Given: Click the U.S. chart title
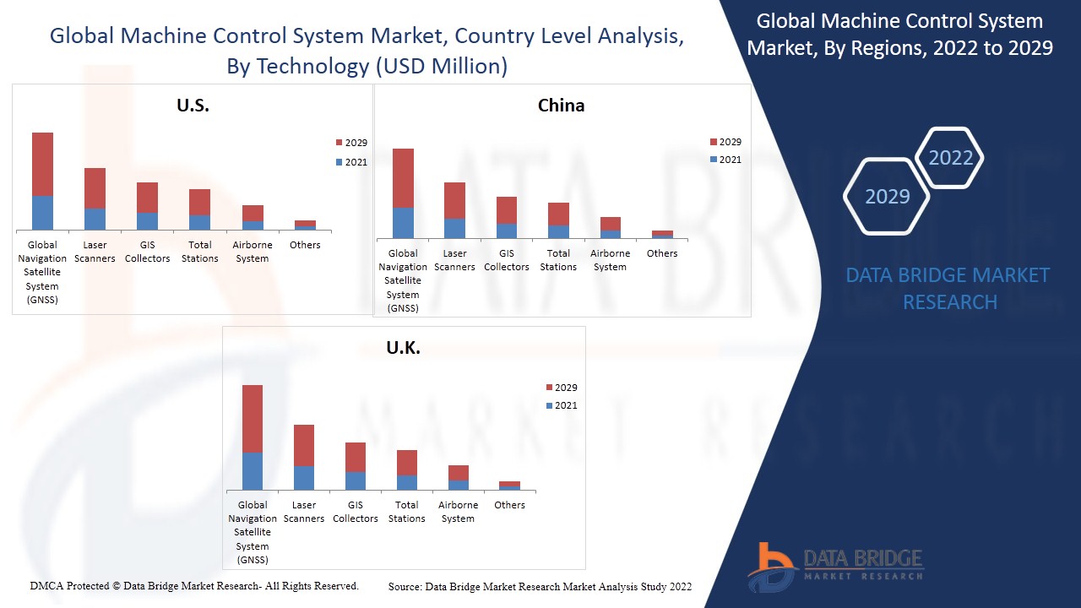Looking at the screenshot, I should point(193,106).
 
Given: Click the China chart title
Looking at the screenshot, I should point(561,106).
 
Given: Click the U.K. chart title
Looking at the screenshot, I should point(403,348).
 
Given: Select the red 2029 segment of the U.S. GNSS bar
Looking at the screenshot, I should point(42,164).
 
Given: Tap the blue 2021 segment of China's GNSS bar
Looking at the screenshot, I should point(403,223).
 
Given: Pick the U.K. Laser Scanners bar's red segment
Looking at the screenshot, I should point(304,445).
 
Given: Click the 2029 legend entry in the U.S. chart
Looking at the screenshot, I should point(350,143).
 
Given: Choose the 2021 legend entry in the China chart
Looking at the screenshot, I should point(725,160).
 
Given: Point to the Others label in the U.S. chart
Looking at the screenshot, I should point(305,245).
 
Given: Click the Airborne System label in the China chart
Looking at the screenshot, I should point(610,260).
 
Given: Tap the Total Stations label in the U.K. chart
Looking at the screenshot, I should point(406,512).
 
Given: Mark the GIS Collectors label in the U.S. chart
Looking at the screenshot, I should point(147,252).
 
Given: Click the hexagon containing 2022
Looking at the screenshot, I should point(950,158).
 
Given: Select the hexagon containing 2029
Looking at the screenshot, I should point(887,197).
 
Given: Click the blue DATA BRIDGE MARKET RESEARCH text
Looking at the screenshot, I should point(949,288).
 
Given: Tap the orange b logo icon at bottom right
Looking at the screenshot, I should point(771,566).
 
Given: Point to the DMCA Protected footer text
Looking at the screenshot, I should point(194,586).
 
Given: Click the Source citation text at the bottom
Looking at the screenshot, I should point(540,587).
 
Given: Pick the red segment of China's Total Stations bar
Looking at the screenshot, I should point(558,214).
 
